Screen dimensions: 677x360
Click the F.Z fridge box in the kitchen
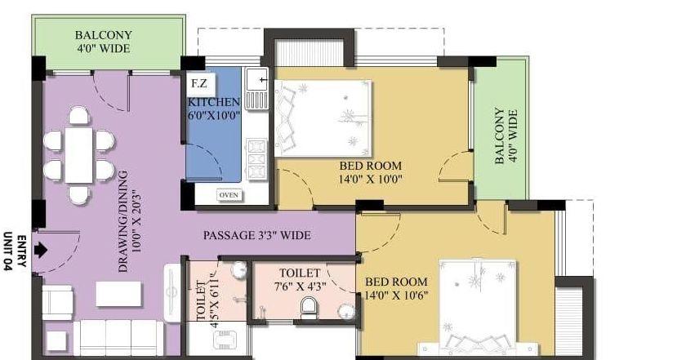200,83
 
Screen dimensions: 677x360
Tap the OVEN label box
229,195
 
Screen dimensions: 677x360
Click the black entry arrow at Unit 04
41,250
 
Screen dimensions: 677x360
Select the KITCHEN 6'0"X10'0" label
214,109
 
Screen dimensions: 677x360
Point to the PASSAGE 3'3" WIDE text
257,235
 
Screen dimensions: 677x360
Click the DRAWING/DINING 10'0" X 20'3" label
130,221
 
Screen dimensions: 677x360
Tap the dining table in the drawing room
79,154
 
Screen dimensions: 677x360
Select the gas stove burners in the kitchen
256,159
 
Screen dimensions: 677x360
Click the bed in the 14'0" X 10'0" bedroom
323,118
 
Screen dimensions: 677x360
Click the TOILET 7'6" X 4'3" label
300,279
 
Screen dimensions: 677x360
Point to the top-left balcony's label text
104,42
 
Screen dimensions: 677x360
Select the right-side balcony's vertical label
506,136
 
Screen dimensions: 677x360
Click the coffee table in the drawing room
118,294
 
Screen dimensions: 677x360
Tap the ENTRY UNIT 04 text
16,252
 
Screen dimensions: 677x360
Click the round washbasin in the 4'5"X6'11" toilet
238,270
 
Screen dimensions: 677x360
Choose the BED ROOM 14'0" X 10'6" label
396,288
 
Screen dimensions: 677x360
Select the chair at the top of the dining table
79,116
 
